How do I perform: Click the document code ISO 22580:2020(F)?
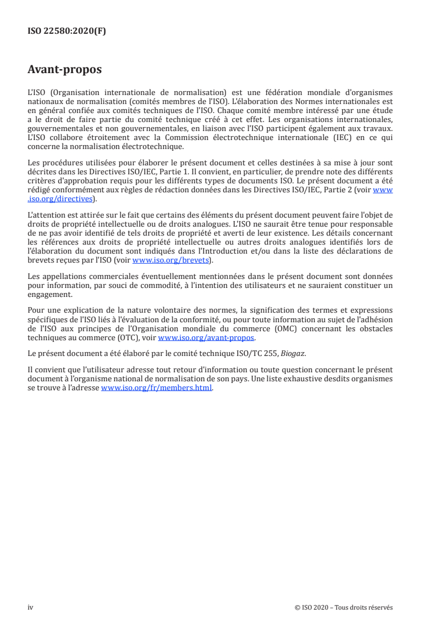(66, 31)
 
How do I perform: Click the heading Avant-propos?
(65, 70)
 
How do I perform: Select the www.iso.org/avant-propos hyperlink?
(206, 338)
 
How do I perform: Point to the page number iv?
(30, 607)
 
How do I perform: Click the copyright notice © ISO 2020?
(312, 607)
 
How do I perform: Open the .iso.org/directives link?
(62, 198)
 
